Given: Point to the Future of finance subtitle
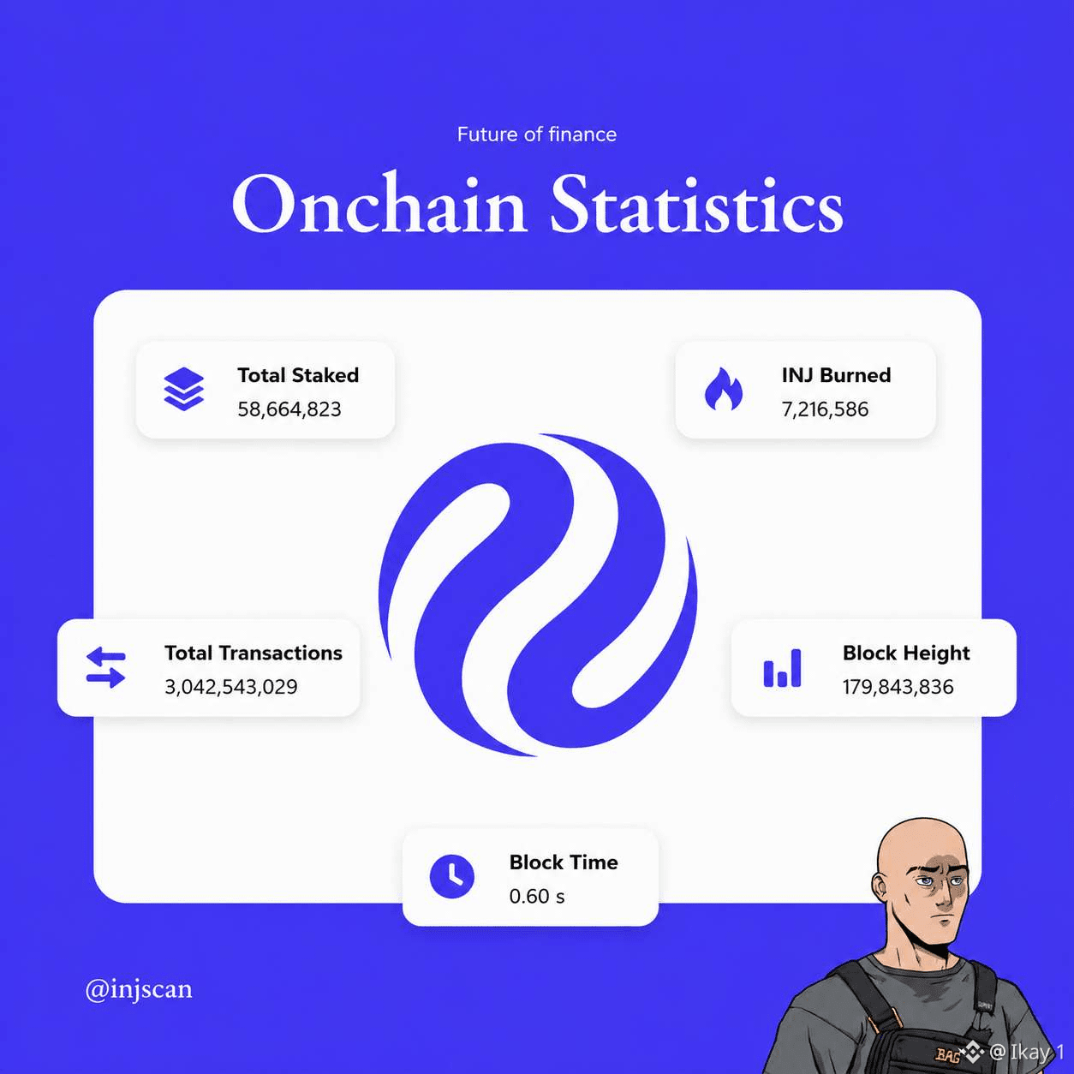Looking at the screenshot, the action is click(x=537, y=134).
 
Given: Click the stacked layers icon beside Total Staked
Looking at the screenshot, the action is click(x=184, y=389).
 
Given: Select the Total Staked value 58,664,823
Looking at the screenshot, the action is click(x=289, y=409).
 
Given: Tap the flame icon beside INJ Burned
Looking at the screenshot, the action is click(x=724, y=389).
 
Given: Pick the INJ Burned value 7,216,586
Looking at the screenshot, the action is click(x=825, y=409).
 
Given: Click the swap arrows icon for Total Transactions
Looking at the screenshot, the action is click(x=106, y=667).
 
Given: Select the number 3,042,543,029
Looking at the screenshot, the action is click(x=230, y=687).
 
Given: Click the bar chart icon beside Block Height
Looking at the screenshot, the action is click(x=782, y=668).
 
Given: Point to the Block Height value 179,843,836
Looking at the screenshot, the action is click(x=898, y=687).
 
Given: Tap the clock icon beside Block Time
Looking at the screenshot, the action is click(x=452, y=876).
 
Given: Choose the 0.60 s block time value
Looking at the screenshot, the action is click(x=537, y=896).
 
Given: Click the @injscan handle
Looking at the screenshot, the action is click(x=139, y=990).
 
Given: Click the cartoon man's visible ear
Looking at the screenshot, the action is click(x=880, y=894).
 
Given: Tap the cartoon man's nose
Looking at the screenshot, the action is click(x=944, y=898).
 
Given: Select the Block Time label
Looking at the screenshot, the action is click(x=564, y=862).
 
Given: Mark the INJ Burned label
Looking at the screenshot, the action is click(x=836, y=375).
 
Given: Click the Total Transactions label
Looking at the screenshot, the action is click(x=253, y=653).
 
